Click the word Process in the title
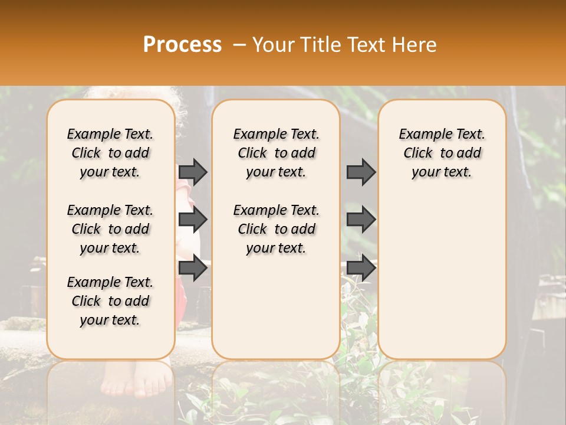[x=182, y=45]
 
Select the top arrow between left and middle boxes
[x=193, y=172]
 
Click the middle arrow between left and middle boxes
[x=193, y=220]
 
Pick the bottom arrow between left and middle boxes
[x=193, y=269]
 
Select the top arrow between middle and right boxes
[x=361, y=172]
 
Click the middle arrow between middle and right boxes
[x=361, y=220]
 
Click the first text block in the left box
[x=110, y=153]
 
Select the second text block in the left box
[x=110, y=229]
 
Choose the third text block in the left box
[x=110, y=301]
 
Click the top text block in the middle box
[x=276, y=153]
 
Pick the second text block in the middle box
[x=276, y=229]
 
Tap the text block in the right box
[x=442, y=153]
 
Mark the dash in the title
[x=239, y=45]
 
